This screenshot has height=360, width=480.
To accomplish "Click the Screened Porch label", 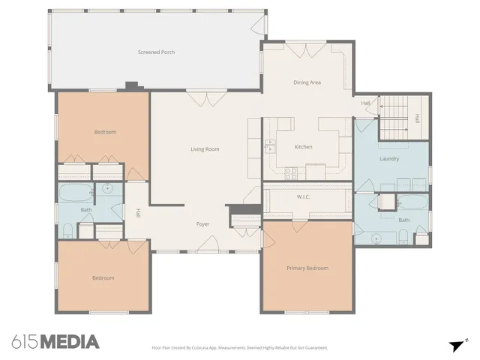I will [157, 52].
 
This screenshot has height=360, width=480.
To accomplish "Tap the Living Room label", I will [205, 149].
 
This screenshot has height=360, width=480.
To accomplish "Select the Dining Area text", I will [307, 82].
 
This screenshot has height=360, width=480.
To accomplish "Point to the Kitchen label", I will [303, 147].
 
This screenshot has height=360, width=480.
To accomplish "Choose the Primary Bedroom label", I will [307, 268].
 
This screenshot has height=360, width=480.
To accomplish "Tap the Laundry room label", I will [389, 159].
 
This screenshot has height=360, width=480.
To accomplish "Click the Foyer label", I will [202, 224].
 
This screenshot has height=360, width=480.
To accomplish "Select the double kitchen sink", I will [268, 145].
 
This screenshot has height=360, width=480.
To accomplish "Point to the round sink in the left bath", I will [108, 189].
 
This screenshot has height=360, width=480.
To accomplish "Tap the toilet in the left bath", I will [67, 229].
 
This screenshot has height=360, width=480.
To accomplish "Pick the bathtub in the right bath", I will [411, 202].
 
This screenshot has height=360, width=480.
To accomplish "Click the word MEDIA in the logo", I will [69, 342].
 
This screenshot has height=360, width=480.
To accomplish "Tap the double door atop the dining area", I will [307, 50].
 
